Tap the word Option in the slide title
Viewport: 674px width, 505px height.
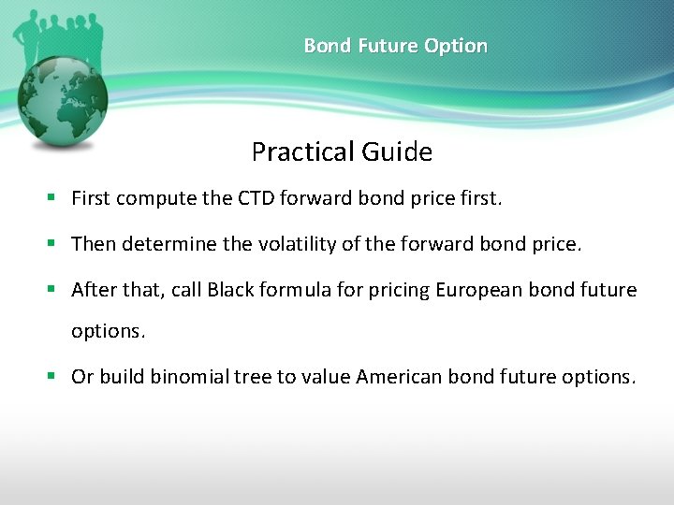tap(456, 46)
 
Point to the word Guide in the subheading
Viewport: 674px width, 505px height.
tap(402, 151)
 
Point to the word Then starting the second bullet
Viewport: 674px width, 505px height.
tap(93, 244)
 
